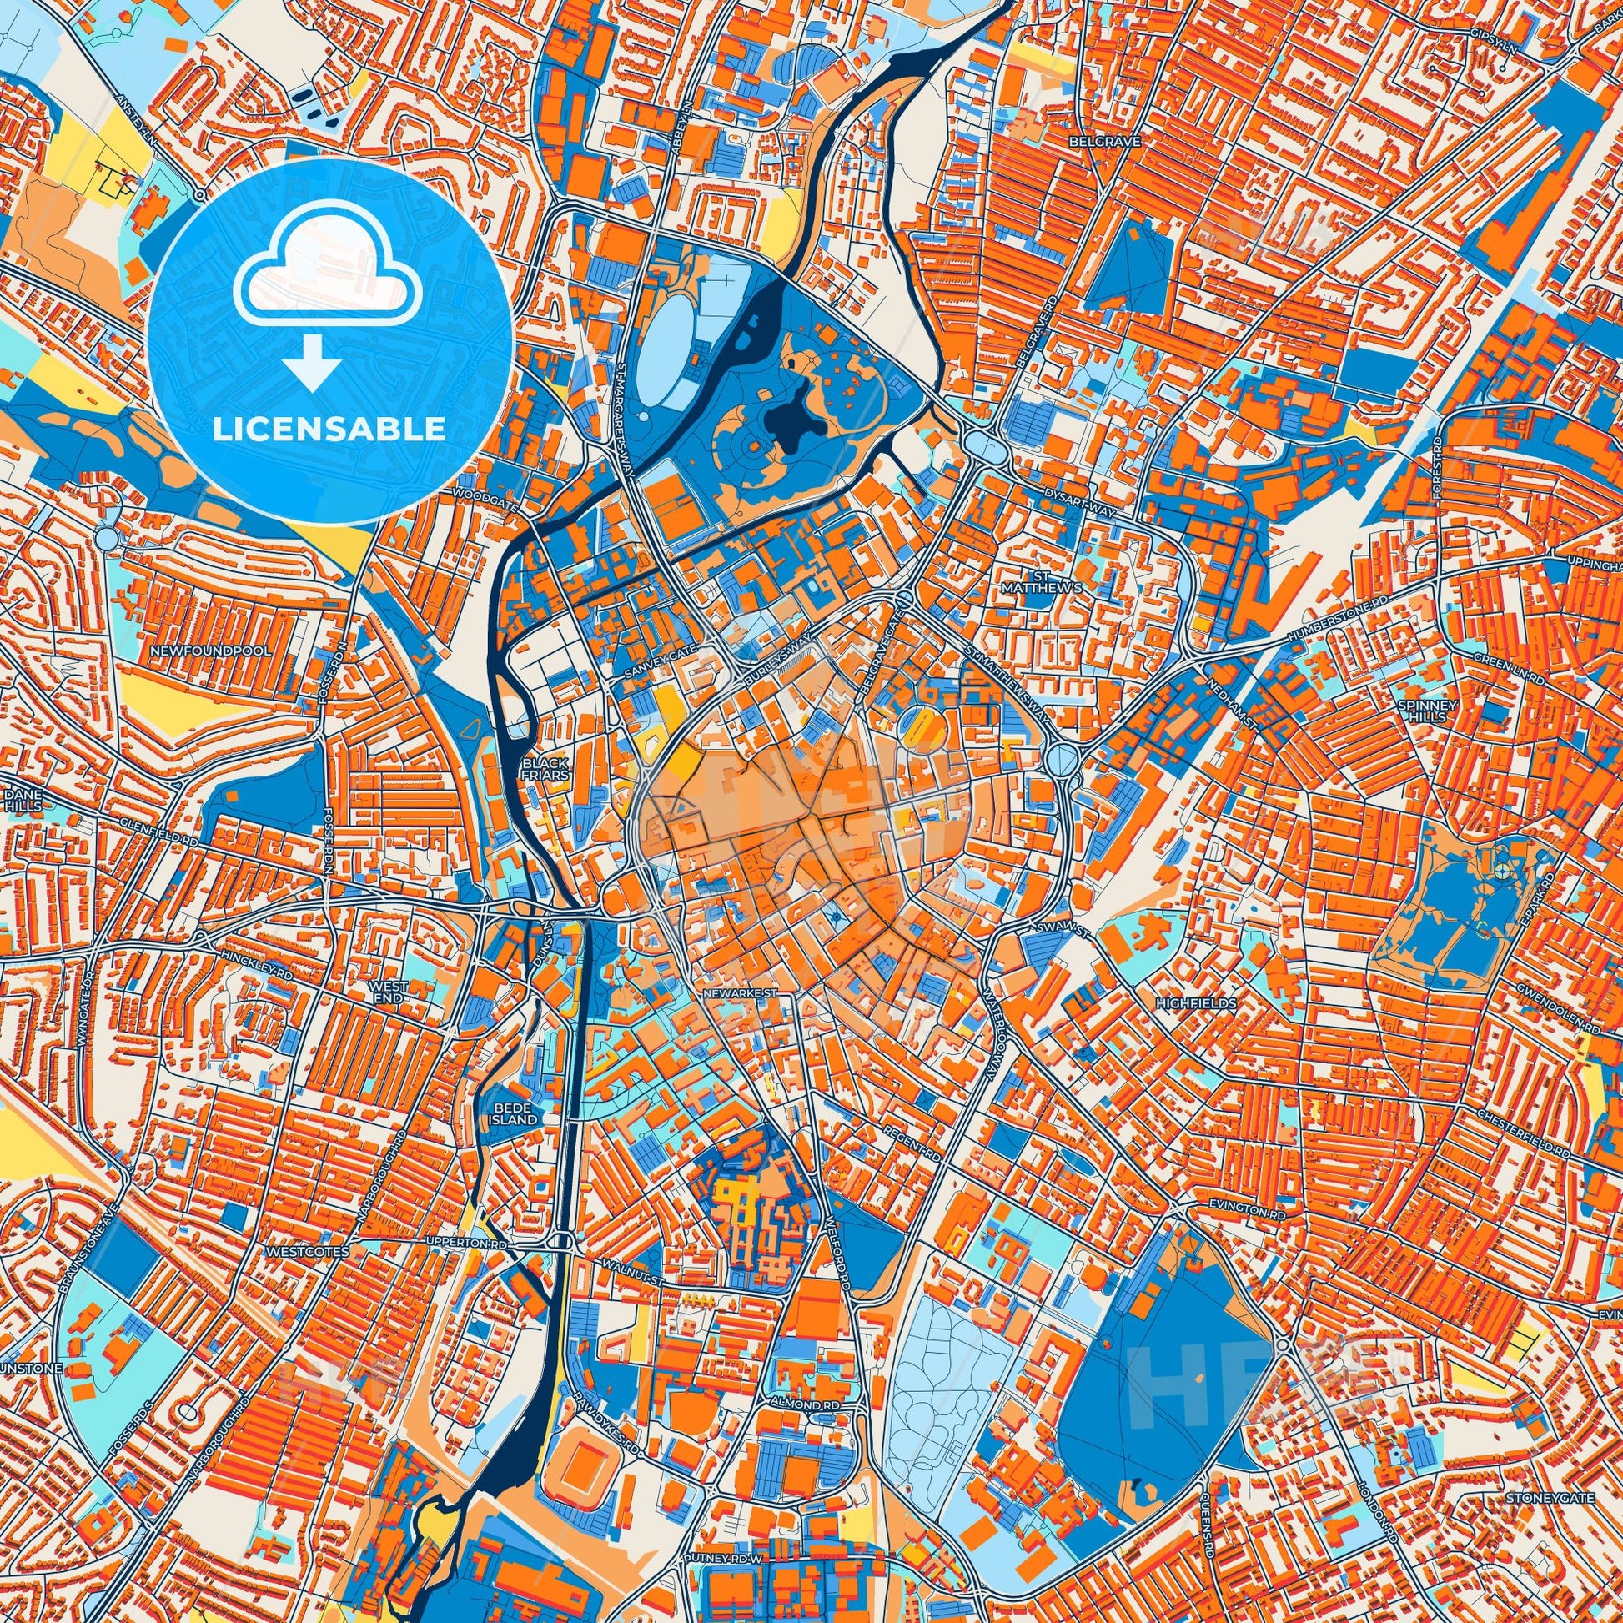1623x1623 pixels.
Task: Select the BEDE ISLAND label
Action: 515,1115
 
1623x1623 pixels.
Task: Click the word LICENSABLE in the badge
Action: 329,430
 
